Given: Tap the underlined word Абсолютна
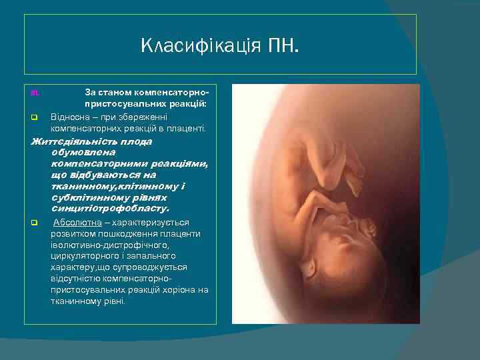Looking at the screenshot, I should tap(73, 222).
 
